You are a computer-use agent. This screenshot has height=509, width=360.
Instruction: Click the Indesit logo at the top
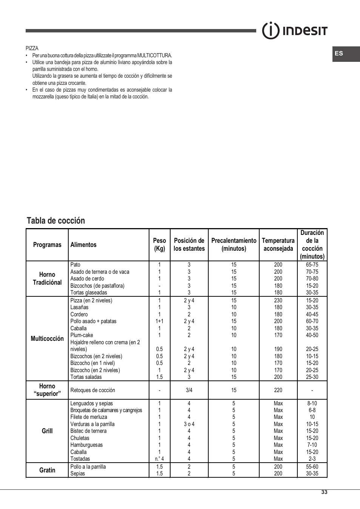pos(295,31)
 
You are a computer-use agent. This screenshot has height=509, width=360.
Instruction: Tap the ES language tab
pos(339,54)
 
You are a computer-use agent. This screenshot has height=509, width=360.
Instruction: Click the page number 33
pos(324,492)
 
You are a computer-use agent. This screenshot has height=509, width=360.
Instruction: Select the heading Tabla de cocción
pos(56,221)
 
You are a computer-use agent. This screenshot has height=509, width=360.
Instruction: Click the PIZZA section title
pos(32,48)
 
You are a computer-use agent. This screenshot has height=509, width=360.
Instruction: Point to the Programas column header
pos(47,245)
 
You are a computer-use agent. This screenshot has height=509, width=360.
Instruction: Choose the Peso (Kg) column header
pos(159,245)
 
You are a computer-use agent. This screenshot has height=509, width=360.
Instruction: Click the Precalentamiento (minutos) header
pos(234,245)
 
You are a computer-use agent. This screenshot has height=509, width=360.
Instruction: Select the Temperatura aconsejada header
pos(278,245)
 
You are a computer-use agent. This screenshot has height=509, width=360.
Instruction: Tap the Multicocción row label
pos(47,339)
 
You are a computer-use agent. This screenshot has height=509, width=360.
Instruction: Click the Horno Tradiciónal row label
pos(47,279)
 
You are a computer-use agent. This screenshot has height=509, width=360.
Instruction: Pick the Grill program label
pos(47,431)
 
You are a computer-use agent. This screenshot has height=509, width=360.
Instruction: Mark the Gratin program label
pos(47,470)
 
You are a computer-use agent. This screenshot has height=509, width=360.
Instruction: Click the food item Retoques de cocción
pos(92,390)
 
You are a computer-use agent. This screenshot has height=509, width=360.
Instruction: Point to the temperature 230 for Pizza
pos(278,300)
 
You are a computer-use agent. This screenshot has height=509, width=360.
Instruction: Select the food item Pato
pos(75,265)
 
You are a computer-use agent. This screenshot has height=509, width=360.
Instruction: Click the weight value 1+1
pos(159,321)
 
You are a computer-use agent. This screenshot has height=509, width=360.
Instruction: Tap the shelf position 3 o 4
pos(189,424)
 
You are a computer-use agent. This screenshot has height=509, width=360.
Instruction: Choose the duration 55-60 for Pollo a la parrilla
pos(312,467)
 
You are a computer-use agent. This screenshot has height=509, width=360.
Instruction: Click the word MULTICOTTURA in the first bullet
pos(154,55)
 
